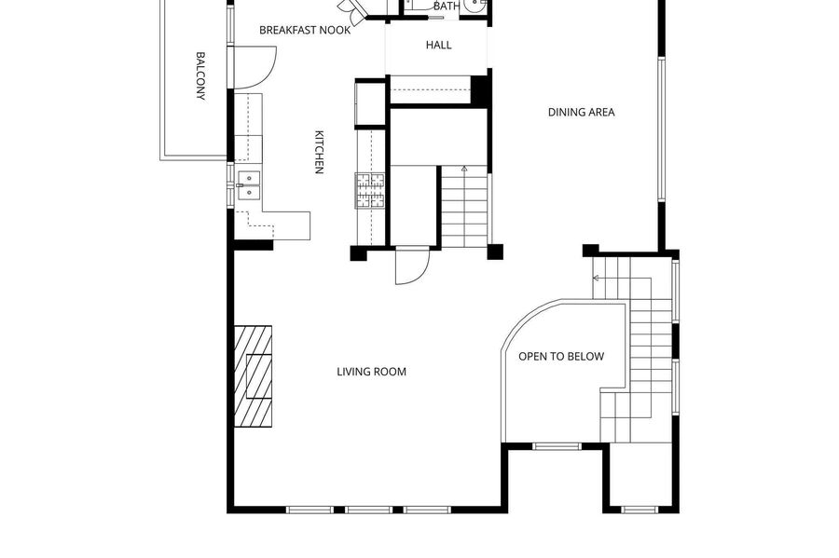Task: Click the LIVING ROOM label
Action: (371, 372)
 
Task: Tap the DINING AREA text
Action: (581, 112)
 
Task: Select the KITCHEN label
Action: (319, 153)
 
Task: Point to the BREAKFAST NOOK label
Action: (305, 30)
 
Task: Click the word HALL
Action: (439, 46)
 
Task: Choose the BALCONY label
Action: (200, 75)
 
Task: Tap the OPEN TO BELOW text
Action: (561, 357)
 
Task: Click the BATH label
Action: (447, 7)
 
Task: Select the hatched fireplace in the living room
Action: (253, 376)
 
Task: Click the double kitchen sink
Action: (249, 185)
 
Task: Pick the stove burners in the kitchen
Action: (370, 190)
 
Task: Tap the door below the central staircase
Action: (413, 265)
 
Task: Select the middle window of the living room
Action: (368, 510)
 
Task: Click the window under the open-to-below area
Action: (557, 446)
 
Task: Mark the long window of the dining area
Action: (661, 129)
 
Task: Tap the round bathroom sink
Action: (474, 5)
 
